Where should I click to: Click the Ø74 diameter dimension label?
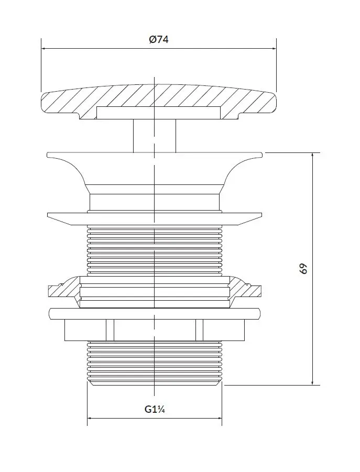[x=159, y=39]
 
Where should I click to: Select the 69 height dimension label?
[x=304, y=269]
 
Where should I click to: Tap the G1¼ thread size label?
[x=155, y=409]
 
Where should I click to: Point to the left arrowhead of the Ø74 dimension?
[x=43, y=48]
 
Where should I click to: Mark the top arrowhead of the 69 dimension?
[x=313, y=156]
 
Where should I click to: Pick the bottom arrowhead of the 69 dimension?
[x=313, y=382]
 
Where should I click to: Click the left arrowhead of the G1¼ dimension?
[x=90, y=418]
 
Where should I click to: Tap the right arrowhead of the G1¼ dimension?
[x=220, y=418]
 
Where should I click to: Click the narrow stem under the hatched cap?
[x=155, y=136]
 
